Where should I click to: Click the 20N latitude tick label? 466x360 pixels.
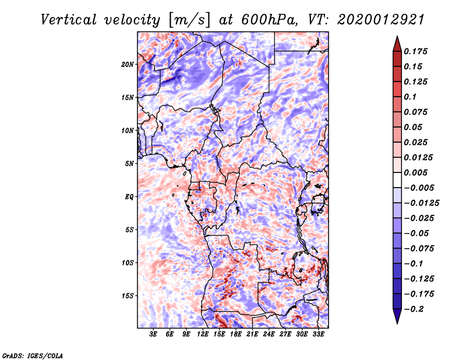click(128, 64)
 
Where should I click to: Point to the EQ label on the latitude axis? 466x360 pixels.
click(129, 196)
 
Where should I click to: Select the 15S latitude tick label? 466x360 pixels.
click(128, 295)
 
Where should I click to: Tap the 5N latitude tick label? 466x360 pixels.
click(129, 163)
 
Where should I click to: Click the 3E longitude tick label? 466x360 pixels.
click(153, 334)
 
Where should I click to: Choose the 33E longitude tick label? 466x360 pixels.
click(319, 334)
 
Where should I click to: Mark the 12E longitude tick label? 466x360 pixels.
click(203, 334)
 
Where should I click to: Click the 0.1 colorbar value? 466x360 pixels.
click(411, 97)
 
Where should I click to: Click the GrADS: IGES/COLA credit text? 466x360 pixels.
click(32, 355)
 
